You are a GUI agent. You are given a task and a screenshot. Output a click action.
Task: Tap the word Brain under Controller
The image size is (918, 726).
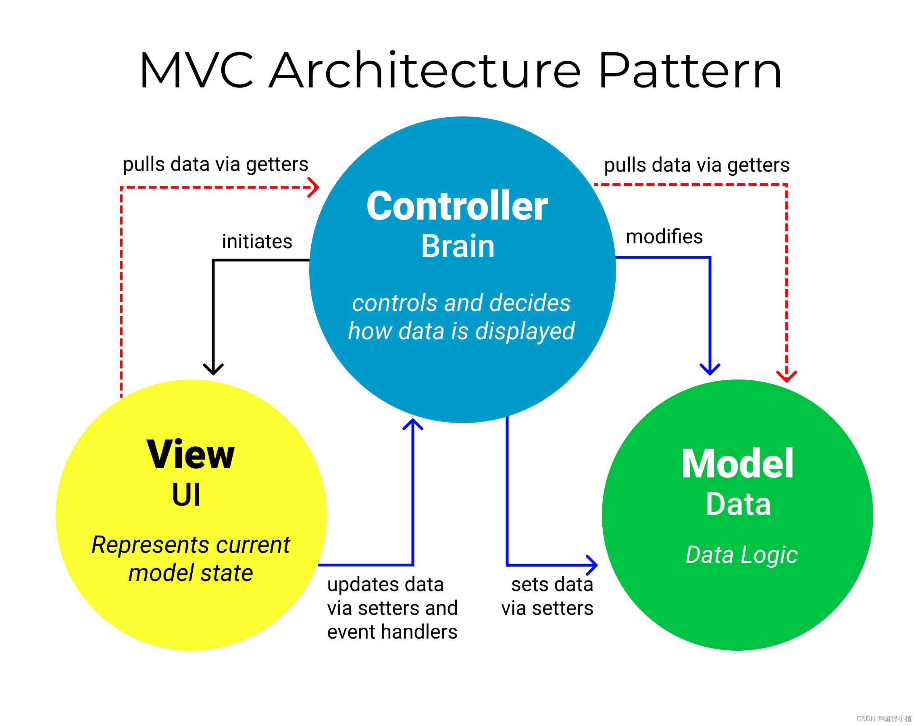pos(458,246)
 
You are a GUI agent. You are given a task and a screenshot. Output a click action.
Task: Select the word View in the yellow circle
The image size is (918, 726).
pos(190,454)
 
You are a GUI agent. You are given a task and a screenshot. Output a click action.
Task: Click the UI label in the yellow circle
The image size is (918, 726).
pos(186,494)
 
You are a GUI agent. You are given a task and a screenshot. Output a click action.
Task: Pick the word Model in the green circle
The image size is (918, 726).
pos(737,464)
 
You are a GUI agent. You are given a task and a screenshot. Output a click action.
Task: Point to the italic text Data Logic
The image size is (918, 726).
pos(741,555)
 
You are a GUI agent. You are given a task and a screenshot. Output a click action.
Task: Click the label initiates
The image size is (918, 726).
pos(257,241)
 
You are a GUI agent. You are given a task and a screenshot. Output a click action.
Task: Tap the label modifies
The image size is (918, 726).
pos(664,236)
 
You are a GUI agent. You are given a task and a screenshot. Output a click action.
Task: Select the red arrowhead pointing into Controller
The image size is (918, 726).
pos(314,187)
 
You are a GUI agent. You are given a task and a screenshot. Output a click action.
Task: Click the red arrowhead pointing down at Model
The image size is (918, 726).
pos(786,377)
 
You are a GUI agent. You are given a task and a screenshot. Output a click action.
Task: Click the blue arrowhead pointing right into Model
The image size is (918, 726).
pos(593,565)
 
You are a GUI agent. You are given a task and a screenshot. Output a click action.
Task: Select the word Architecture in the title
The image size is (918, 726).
pos(425,71)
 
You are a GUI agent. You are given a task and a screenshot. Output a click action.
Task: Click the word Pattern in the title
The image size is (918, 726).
pos(689,71)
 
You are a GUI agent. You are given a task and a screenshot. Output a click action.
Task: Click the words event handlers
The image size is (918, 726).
pos(392,632)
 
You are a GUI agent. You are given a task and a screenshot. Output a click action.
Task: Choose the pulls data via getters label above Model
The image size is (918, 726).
pos(696,165)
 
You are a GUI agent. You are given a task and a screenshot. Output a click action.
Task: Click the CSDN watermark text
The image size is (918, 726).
pos(884,718)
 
